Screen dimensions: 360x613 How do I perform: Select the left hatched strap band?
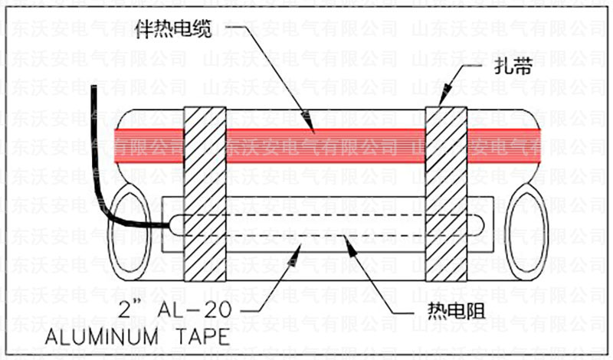[x=205, y=191]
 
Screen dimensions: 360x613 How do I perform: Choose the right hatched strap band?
[x=447, y=191]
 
